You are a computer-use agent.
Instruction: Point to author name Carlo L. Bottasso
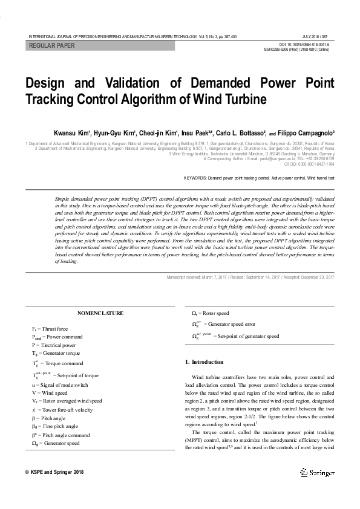240,132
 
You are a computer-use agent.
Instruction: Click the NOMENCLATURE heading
100,313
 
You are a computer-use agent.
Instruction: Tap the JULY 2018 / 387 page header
318,36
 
